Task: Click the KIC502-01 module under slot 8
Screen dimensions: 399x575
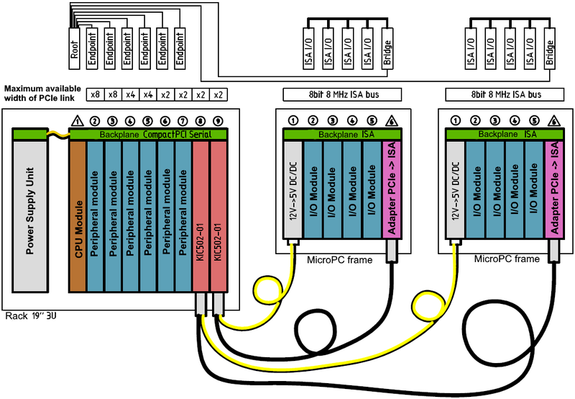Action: click(x=200, y=216)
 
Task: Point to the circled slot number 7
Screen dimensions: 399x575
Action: click(x=183, y=121)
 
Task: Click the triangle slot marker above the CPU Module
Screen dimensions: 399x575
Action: click(x=78, y=121)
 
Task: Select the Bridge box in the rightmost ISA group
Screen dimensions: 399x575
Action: click(x=549, y=49)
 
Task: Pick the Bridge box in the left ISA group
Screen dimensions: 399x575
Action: click(x=387, y=49)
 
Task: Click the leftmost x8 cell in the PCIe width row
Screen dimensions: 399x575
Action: click(x=94, y=94)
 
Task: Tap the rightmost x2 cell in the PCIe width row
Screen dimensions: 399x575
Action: click(x=218, y=94)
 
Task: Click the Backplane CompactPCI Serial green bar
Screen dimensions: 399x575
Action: click(x=147, y=135)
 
